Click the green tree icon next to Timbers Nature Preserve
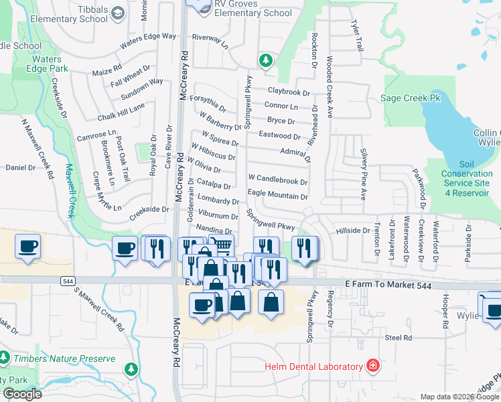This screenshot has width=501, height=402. pyautogui.click(x=131, y=368)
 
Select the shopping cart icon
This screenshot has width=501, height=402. pyautogui.click(x=222, y=245)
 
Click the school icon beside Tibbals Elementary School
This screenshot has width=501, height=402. pyautogui.click(x=118, y=13)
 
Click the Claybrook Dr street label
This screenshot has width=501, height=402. pyautogui.click(x=289, y=92)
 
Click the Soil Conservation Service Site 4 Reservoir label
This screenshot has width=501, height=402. pyautogui.click(x=466, y=178)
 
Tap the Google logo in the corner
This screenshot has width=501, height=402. pyautogui.click(x=21, y=394)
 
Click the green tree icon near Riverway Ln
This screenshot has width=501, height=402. pyautogui.click(x=266, y=61)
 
